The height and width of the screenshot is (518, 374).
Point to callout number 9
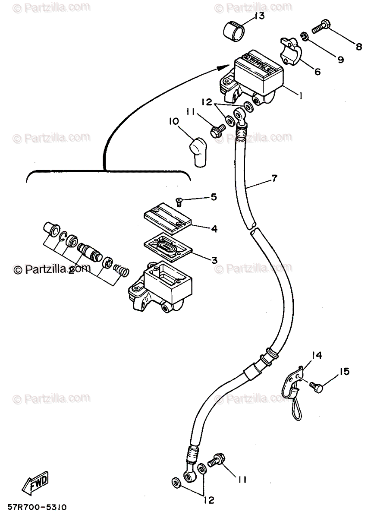pyautogui.click(x=340, y=60)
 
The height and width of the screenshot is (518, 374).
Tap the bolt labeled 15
pyautogui.click(x=318, y=387)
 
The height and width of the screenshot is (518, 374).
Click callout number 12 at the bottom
pyautogui.click(x=210, y=501)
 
